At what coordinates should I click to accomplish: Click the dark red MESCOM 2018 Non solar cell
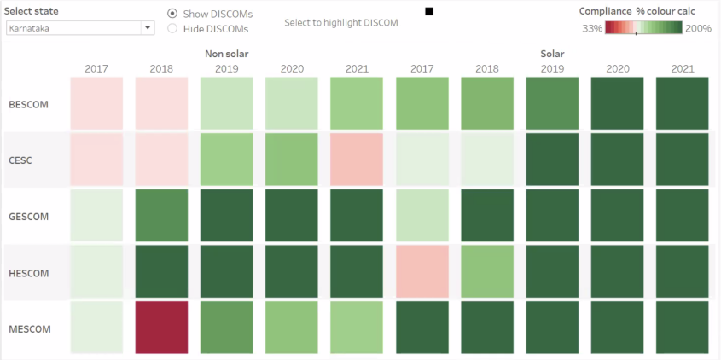click(161, 328)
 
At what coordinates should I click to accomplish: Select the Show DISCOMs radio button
click(172, 15)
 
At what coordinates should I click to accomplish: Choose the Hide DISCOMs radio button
click(172, 28)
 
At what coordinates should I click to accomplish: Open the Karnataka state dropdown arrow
click(148, 28)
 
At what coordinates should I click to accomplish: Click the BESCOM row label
click(28, 105)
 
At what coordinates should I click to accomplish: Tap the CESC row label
click(20, 160)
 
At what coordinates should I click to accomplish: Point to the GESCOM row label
click(28, 217)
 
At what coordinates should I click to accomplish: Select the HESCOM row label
click(28, 273)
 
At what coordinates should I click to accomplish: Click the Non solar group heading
click(226, 54)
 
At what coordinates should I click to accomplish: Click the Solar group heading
click(552, 54)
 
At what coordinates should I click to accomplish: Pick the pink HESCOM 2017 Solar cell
click(422, 272)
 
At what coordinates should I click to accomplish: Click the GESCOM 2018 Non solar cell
click(161, 216)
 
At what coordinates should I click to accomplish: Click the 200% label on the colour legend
click(698, 28)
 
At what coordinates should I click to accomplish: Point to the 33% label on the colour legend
click(592, 28)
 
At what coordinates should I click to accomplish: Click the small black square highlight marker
click(429, 11)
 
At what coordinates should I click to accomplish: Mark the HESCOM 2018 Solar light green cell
click(486, 272)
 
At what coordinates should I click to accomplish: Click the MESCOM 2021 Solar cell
click(682, 328)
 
